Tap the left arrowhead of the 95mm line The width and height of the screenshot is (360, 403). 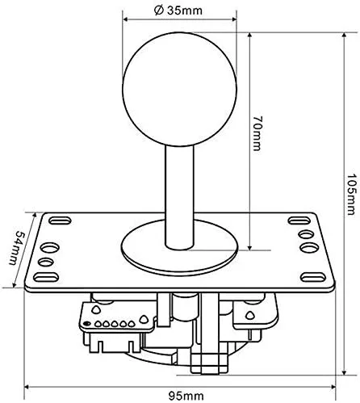point(29,384)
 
